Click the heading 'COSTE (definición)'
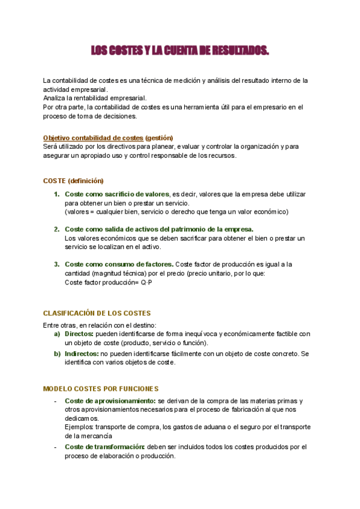73,181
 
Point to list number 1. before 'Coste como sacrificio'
57,194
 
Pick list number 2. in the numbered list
57,229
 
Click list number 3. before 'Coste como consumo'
57,264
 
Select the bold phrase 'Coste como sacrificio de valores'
116,194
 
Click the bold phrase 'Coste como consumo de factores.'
119,264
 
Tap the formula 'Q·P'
146,282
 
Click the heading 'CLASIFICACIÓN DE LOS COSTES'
97,313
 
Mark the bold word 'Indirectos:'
82,354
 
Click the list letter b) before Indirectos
57,354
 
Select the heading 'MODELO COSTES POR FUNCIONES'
101,389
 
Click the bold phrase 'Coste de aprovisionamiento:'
110,401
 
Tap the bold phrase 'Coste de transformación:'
105,447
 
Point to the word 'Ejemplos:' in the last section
79,427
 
